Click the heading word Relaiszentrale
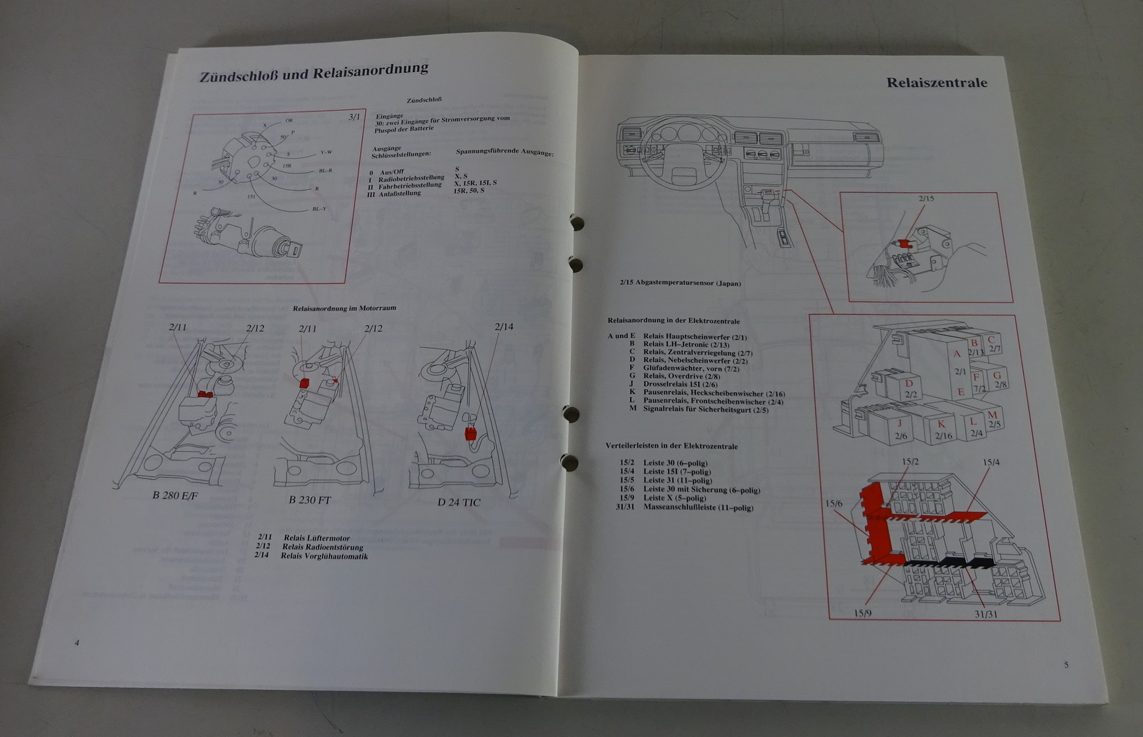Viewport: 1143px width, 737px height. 937,83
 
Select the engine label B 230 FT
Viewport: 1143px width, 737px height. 309,500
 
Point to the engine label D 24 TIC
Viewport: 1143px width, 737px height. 459,502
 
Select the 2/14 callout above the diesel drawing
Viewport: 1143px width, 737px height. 504,326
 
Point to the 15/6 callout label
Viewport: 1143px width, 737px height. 834,504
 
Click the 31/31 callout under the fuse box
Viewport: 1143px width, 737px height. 985,613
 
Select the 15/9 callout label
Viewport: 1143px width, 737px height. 864,613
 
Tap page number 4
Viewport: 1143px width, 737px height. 77,643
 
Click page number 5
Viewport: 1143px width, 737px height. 1066,665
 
